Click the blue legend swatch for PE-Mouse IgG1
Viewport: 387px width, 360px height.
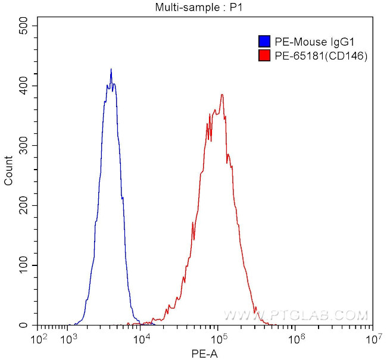264,42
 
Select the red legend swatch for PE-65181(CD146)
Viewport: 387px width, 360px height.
264,56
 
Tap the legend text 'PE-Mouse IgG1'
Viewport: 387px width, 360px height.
310,42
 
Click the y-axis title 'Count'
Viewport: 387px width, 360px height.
9,170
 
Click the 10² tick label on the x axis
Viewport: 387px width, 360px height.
39,339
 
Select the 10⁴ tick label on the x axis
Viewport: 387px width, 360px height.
142,339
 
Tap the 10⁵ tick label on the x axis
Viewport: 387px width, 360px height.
220,339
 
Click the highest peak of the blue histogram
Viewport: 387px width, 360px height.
111,70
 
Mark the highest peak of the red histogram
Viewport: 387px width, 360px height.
221,95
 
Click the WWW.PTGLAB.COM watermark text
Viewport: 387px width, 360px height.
296,315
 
